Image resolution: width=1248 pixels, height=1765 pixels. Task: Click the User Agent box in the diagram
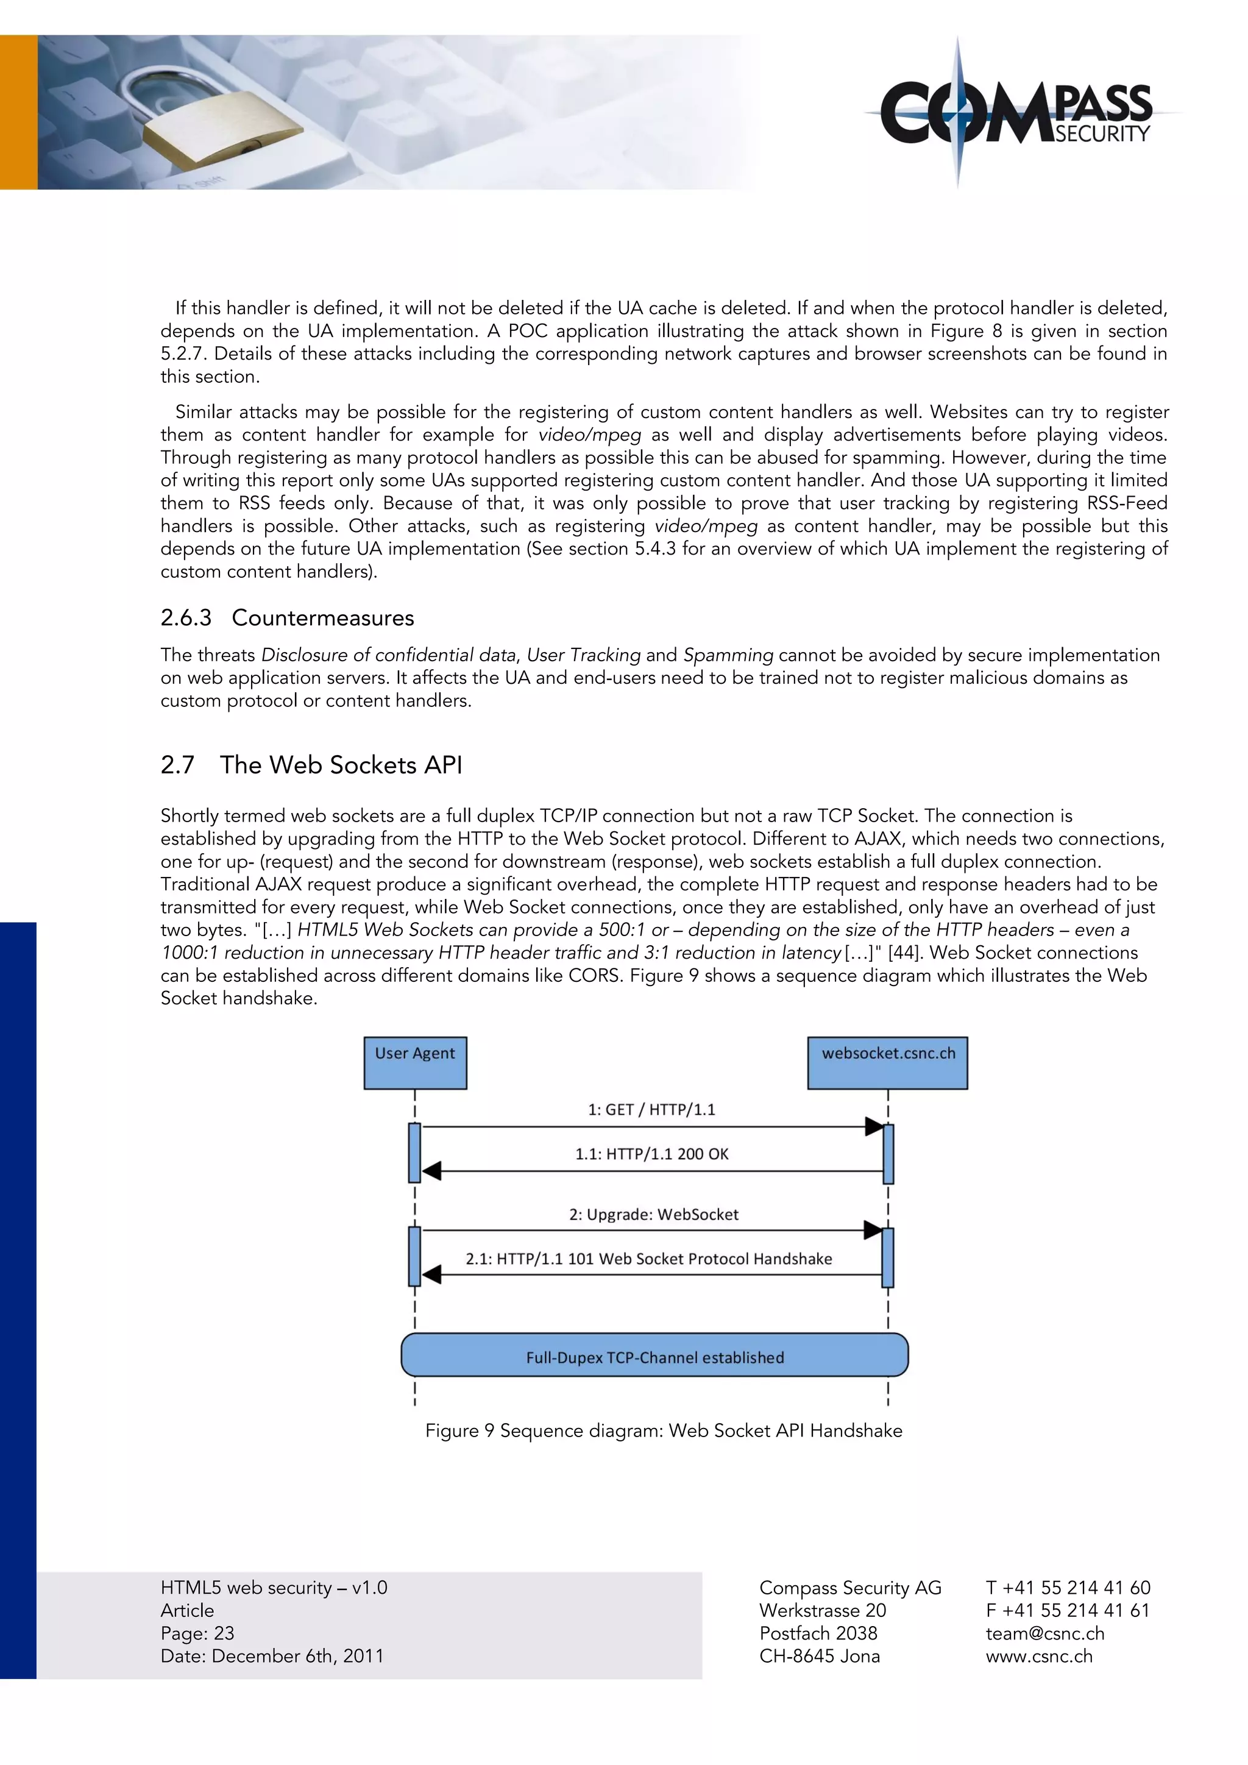click(415, 1062)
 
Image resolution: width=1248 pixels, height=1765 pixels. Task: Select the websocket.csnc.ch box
click(888, 1062)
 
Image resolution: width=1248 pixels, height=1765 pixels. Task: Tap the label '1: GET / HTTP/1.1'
click(651, 1109)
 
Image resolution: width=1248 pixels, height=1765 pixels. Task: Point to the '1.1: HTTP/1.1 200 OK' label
click(651, 1153)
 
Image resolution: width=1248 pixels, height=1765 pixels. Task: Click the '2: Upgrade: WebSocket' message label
click(653, 1214)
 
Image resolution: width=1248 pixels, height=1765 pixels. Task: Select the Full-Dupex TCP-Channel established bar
click(654, 1357)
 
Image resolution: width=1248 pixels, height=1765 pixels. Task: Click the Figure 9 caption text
click(663, 1430)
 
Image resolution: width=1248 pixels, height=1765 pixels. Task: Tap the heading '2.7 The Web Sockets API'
click(311, 765)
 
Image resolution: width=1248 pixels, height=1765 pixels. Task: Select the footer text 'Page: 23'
click(197, 1633)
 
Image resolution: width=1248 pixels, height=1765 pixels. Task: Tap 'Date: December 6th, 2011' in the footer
click(272, 1656)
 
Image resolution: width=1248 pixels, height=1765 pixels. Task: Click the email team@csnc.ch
click(1044, 1633)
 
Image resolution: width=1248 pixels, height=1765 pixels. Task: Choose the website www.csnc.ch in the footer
click(1038, 1656)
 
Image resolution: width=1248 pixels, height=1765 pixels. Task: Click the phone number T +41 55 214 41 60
click(1068, 1588)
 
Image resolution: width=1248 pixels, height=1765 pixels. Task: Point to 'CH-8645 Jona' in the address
click(819, 1656)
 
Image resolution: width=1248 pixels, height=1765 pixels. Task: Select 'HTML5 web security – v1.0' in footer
click(274, 1588)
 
